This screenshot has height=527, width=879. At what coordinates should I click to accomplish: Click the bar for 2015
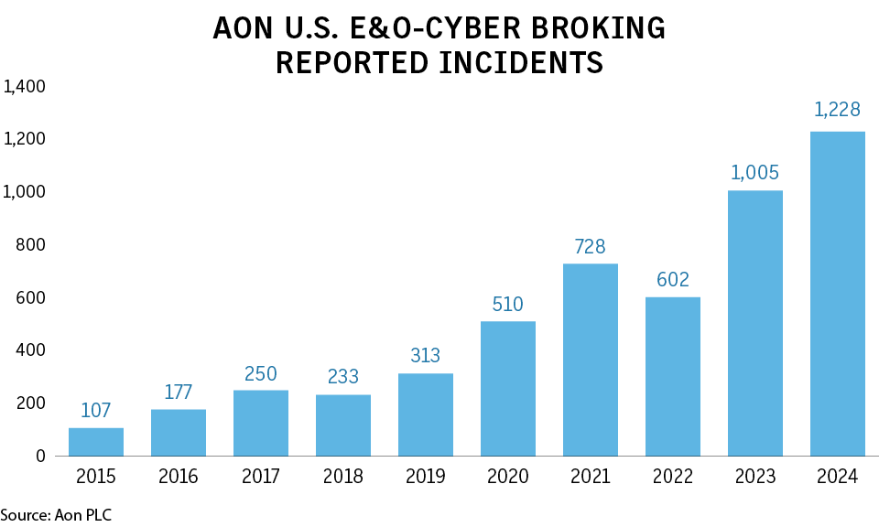pos(96,442)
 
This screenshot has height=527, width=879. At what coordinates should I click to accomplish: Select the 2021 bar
pos(591,360)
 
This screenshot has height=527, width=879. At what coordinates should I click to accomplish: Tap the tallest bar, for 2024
pos(838,294)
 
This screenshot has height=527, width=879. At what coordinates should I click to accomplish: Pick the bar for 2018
pos(343,425)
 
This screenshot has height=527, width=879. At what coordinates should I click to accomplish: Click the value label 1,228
pos(838,110)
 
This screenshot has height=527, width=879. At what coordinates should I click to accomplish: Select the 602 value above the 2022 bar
pos(673,279)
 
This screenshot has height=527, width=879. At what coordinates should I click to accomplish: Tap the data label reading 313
pos(426,355)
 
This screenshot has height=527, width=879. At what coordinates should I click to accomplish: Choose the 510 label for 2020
pos(508,303)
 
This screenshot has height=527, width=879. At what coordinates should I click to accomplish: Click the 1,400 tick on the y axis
pos(25,87)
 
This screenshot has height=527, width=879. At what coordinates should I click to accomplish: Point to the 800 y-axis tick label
pos(32,245)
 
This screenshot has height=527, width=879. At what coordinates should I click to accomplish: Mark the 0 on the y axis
pos(40,456)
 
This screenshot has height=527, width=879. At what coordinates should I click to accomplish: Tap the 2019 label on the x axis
pos(426,477)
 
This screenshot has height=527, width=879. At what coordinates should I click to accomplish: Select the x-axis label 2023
pos(755,477)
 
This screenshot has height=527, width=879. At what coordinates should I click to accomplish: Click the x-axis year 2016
pos(179,477)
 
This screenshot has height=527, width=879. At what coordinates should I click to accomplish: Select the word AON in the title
pos(244,28)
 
